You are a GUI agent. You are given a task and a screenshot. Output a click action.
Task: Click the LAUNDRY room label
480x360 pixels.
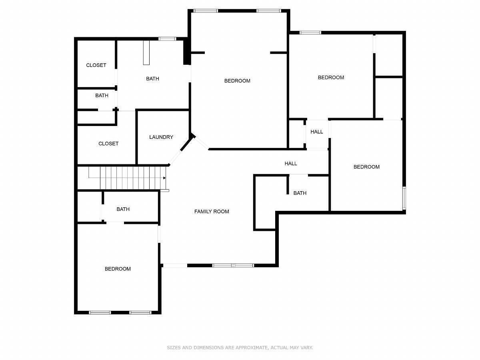click(161, 137)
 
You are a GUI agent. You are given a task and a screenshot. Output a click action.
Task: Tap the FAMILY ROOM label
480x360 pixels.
click(212, 211)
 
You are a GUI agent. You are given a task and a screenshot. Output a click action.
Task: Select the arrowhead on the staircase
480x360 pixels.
click(164, 178)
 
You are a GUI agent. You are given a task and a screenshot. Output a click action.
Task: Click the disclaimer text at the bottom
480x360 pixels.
click(240, 347)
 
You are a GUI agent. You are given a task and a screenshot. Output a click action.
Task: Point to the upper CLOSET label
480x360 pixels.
click(96, 65)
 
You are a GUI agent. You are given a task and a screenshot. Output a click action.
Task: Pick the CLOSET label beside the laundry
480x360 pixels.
click(108, 144)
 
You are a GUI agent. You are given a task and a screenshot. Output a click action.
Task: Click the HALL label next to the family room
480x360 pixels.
click(291, 164)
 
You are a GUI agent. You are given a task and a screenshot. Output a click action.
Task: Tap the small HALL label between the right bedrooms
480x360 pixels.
click(317, 132)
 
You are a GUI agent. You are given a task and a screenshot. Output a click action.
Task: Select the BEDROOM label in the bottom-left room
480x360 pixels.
click(118, 269)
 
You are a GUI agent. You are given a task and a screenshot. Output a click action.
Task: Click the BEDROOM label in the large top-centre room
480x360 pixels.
click(237, 81)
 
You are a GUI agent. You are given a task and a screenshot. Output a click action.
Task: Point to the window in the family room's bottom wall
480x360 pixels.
click(233, 266)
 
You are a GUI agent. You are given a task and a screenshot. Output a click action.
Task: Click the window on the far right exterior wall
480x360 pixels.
click(404, 198)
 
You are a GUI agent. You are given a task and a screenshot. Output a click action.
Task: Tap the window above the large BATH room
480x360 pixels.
click(167, 39)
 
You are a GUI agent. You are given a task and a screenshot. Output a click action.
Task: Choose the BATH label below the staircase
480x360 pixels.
click(123, 209)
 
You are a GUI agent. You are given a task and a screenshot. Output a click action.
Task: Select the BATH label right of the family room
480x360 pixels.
click(300, 193)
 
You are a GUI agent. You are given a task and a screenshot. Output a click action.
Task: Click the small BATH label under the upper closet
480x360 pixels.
click(102, 96)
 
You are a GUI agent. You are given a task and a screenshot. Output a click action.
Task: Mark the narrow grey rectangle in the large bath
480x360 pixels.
click(146, 52)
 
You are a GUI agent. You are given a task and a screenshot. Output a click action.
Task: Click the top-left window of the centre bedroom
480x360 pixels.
click(206, 11)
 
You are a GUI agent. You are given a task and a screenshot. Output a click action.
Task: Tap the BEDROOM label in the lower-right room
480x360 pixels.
click(366, 167)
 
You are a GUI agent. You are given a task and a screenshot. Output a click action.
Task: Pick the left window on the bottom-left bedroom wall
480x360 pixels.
click(100, 312)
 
